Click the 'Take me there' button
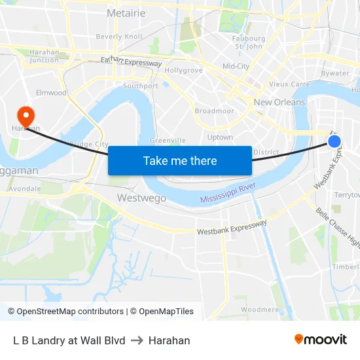click(x=180, y=160)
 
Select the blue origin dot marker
click(x=334, y=141)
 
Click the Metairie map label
click(x=126, y=12)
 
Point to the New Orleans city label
click(x=279, y=102)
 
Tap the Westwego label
click(x=141, y=198)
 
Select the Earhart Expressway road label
click(x=131, y=62)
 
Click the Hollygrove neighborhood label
click(x=184, y=70)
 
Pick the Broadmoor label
click(x=214, y=111)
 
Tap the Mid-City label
click(x=236, y=66)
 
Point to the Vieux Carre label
click(x=289, y=84)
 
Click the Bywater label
click(x=335, y=73)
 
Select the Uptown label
click(x=220, y=137)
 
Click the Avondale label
click(x=24, y=189)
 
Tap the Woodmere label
click(x=260, y=309)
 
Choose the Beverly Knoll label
click(x=118, y=37)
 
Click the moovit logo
click(x=321, y=340)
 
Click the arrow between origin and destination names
click(x=137, y=340)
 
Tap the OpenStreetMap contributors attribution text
click(x=65, y=312)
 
